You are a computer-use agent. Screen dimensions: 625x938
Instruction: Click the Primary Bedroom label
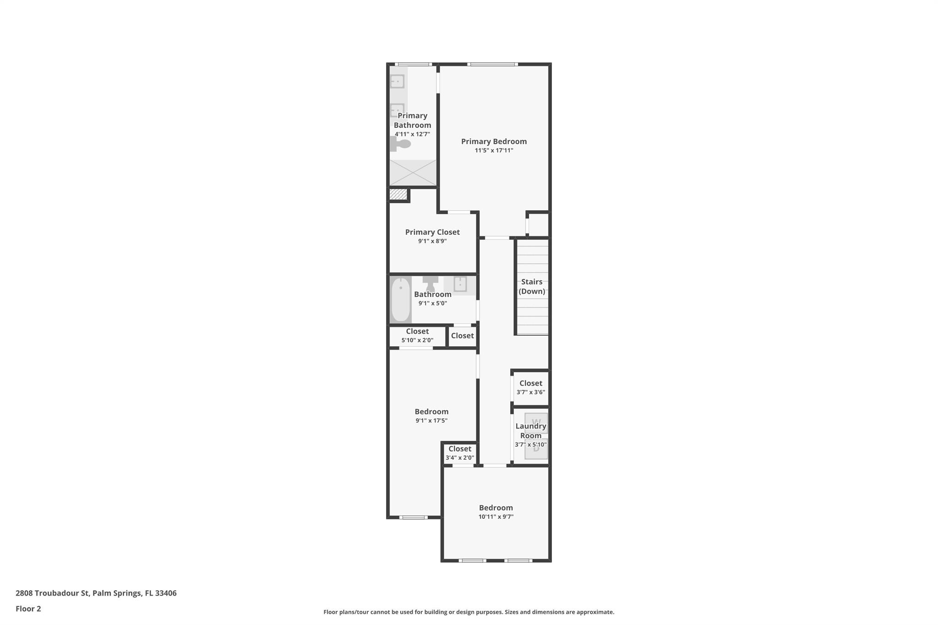click(494, 141)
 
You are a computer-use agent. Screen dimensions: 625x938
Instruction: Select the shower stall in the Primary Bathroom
click(413, 172)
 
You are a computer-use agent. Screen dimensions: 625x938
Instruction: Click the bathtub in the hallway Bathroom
click(400, 300)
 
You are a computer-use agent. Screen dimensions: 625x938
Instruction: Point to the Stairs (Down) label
click(532, 286)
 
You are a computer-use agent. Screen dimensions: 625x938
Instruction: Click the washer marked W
click(536, 423)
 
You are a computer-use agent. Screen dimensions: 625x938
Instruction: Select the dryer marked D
click(536, 449)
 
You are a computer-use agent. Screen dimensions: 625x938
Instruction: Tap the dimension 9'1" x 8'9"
click(432, 241)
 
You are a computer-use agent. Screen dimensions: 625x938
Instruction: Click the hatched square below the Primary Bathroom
click(398, 194)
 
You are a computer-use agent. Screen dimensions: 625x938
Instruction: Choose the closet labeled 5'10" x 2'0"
click(417, 336)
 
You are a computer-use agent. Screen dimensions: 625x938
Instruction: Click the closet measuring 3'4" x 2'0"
click(459, 453)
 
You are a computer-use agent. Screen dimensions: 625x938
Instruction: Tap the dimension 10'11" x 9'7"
click(496, 517)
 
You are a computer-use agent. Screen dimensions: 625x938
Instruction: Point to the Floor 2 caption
click(28, 609)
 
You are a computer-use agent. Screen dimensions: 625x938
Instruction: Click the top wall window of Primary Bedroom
click(492, 64)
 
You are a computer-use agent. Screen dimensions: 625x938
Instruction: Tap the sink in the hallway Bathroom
click(460, 284)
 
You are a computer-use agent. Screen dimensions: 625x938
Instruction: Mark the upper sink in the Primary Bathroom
click(397, 82)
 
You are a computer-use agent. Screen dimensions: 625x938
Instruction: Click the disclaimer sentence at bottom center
click(469, 612)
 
